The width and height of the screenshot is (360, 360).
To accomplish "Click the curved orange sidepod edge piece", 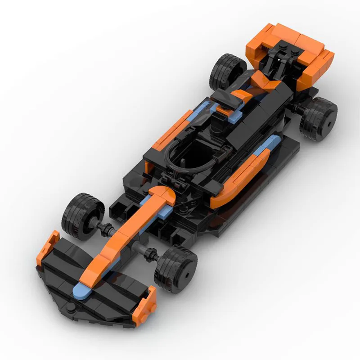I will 238,180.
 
